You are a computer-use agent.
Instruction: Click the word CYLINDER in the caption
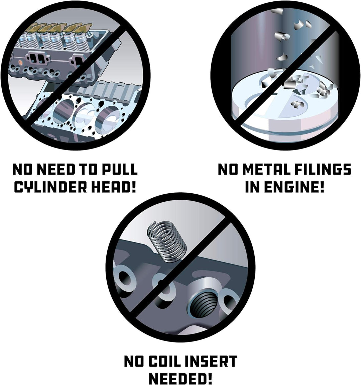(x=50, y=187)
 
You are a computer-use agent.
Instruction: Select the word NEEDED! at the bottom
(x=180, y=379)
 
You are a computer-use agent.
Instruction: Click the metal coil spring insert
(x=166, y=242)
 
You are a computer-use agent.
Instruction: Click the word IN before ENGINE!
(x=252, y=187)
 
